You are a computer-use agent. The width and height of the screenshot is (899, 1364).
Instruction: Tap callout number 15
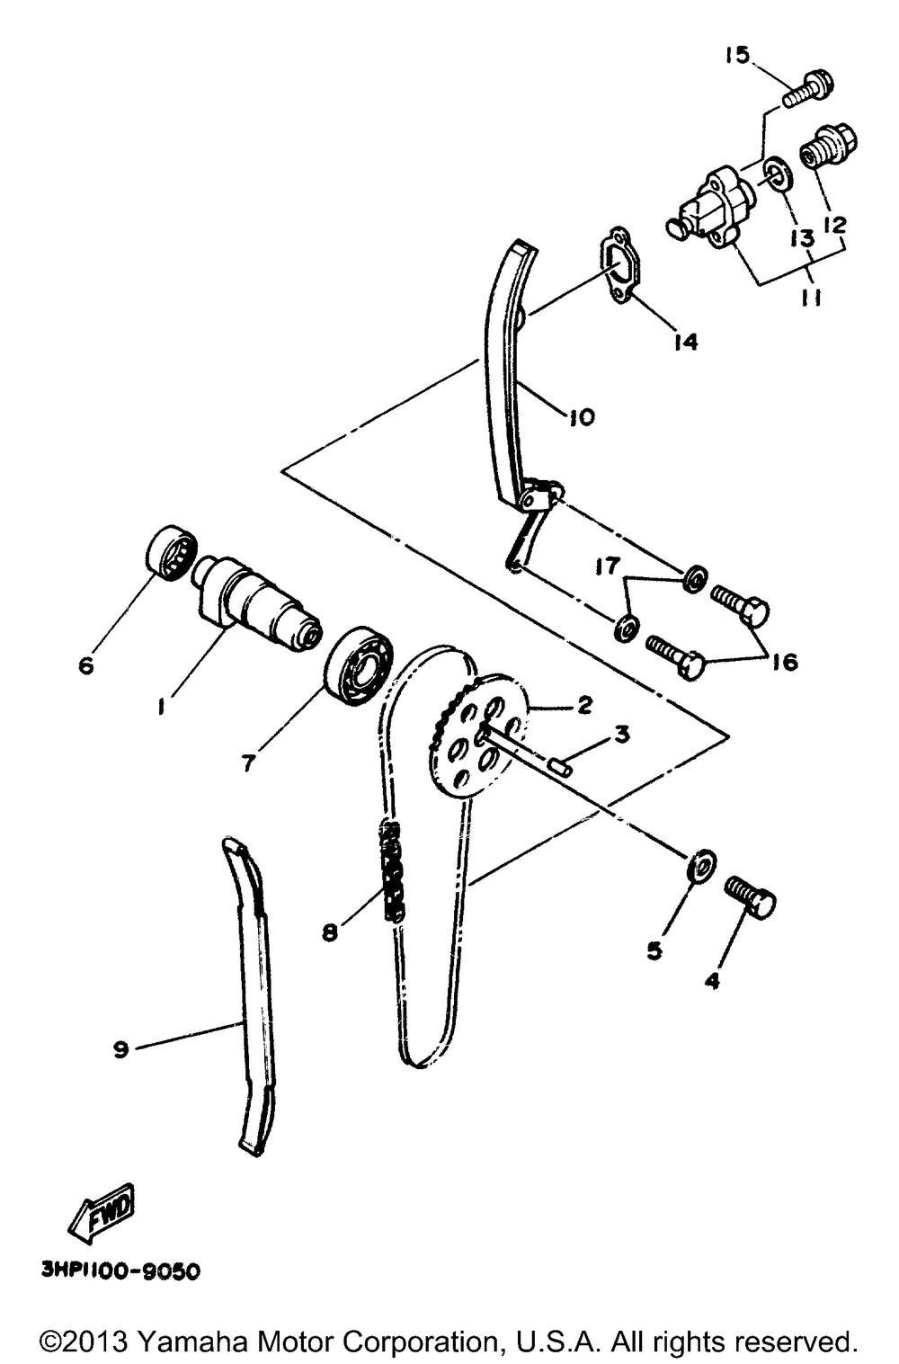pos(736,56)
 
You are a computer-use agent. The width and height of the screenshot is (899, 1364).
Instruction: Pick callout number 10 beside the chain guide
pos(581,417)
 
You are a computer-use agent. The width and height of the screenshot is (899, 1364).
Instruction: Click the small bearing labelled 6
pos(169,550)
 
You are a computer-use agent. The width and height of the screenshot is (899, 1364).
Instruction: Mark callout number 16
pos(783,663)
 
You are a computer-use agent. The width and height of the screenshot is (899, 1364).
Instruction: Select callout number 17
pos(607,566)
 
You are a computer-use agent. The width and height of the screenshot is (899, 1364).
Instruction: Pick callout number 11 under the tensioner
pos(812,298)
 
